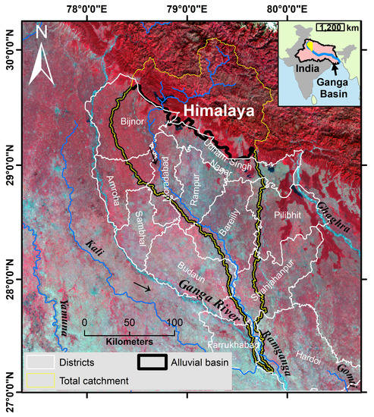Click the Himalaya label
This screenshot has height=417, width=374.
[219, 111]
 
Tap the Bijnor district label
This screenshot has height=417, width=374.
[133, 121]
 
